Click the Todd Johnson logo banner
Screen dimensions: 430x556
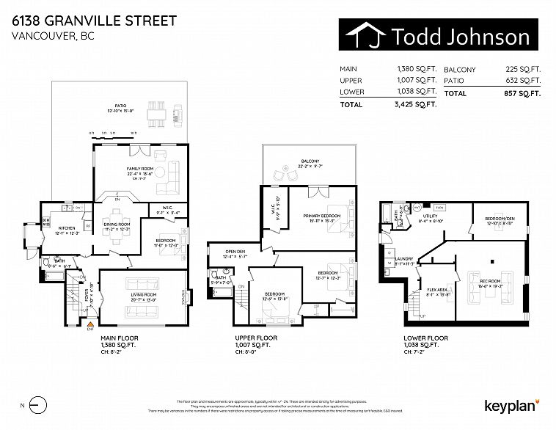pyautogui.click(x=439, y=36)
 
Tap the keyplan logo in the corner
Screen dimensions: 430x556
pyautogui.click(x=511, y=405)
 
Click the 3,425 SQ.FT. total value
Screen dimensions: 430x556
pyautogui.click(x=416, y=104)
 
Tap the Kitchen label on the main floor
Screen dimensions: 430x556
pyautogui.click(x=67, y=228)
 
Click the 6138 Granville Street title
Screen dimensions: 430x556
pyautogui.click(x=94, y=20)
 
